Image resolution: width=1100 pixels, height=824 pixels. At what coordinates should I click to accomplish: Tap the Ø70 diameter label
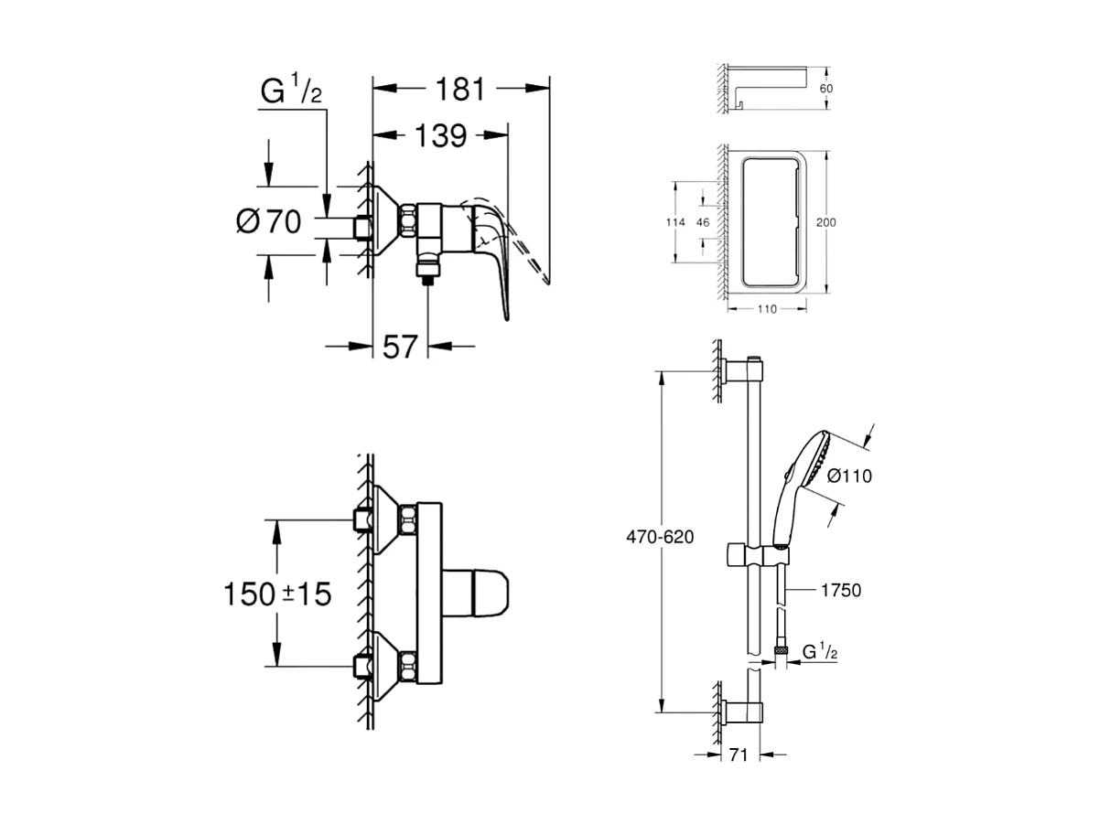(x=268, y=220)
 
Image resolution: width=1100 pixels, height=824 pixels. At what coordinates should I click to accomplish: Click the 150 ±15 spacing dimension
(x=277, y=594)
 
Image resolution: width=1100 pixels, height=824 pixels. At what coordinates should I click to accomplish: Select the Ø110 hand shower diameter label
(x=849, y=476)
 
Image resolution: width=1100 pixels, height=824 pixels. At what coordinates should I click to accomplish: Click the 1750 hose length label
(x=842, y=591)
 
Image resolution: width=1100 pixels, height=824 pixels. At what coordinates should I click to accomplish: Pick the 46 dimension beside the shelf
(x=703, y=222)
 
